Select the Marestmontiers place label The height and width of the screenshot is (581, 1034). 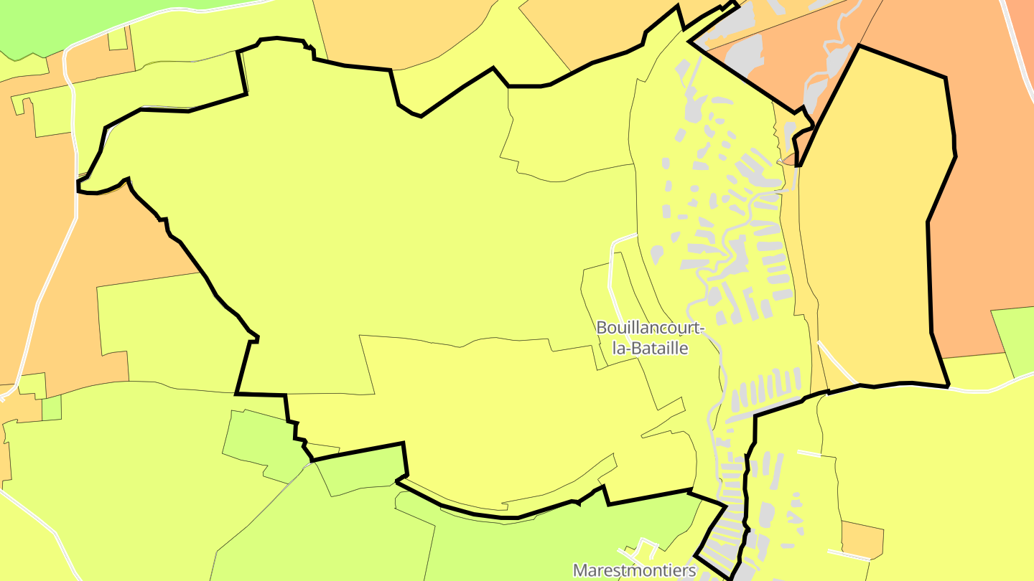(634, 570)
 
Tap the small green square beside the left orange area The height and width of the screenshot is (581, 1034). (52, 408)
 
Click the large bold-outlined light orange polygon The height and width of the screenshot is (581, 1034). (869, 230)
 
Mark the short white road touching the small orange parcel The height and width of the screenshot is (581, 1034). (847, 554)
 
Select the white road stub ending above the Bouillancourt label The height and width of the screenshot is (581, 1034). (623, 237)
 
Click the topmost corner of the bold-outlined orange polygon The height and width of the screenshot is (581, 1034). (859, 46)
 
